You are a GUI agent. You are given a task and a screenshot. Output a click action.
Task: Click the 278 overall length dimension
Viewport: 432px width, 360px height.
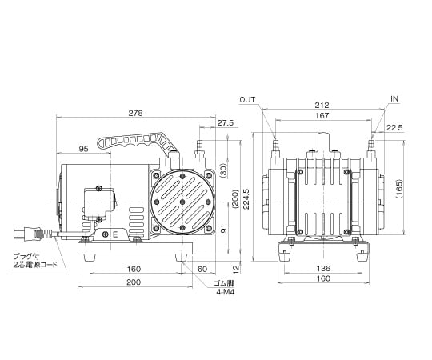point(136,114)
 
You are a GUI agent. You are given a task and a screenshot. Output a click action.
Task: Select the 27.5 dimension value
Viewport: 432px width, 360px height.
point(225,123)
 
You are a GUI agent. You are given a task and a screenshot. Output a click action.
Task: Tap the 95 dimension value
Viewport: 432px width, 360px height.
point(83,149)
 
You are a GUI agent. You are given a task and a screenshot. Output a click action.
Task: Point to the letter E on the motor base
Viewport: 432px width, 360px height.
point(115,234)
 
